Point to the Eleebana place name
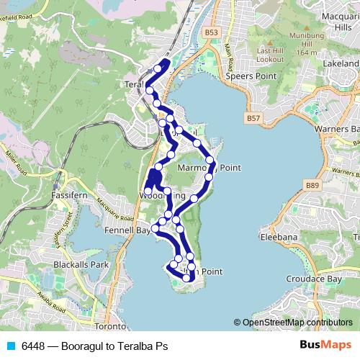279,235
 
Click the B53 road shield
210,33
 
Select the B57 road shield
253,117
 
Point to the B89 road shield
311,186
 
